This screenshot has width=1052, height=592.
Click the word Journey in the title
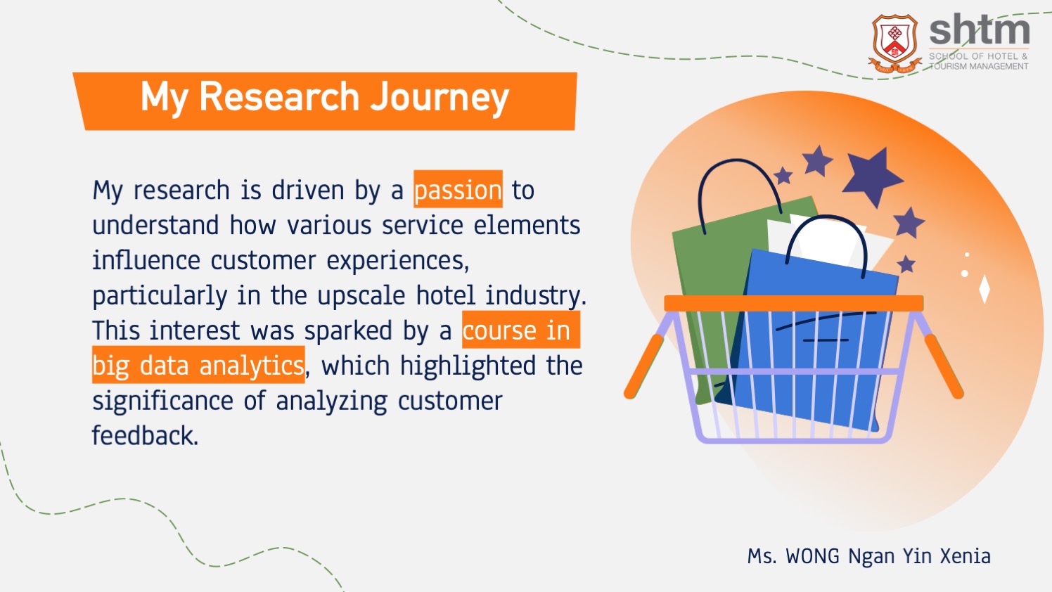(x=440, y=98)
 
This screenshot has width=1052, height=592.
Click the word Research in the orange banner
(x=279, y=96)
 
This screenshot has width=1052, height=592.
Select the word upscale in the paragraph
(x=361, y=296)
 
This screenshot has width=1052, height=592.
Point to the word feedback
(x=145, y=436)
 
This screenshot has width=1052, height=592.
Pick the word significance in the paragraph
(x=162, y=401)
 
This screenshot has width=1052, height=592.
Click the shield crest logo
(x=895, y=43)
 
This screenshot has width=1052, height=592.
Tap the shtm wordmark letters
(x=979, y=30)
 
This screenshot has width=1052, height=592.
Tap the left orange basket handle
(x=644, y=366)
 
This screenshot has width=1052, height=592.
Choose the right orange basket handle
(x=944, y=366)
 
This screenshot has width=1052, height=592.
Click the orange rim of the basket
(x=794, y=303)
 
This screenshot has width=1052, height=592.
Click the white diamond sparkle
(x=984, y=289)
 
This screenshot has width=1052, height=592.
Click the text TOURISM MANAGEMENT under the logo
(x=979, y=67)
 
